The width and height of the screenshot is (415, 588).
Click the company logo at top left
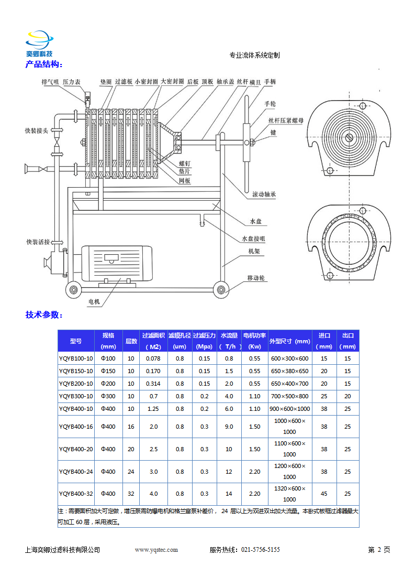tap(39, 44)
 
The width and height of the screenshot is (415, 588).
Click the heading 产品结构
tap(44, 64)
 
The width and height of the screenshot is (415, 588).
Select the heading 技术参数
tap(44, 315)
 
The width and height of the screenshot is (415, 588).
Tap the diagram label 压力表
tap(72, 82)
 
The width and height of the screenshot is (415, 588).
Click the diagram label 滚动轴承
tap(264, 194)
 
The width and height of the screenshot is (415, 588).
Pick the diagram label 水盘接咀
tap(253, 239)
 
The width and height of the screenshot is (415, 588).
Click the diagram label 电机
tap(94, 302)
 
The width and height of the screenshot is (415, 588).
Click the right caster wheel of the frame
tap(220, 289)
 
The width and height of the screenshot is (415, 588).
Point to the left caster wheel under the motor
tap(72, 289)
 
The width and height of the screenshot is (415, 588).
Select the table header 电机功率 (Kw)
tap(255, 341)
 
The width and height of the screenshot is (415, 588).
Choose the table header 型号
tap(76, 341)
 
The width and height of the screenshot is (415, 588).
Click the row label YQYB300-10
tap(76, 396)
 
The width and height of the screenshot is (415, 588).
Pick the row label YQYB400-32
tap(76, 494)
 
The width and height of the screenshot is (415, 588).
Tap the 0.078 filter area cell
tap(153, 358)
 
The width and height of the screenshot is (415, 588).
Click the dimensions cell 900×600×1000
tap(289, 409)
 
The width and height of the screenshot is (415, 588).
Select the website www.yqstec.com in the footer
tap(156, 550)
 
